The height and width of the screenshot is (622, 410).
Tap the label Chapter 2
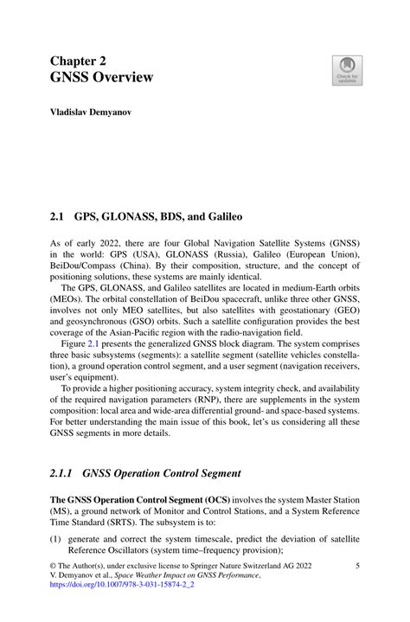[76, 61]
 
